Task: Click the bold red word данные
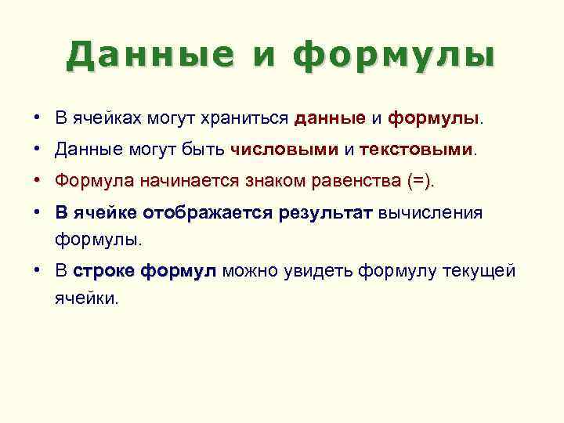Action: pyautogui.click(x=330, y=118)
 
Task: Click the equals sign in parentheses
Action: pyautogui.click(x=419, y=181)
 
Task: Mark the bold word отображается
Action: pyautogui.click(x=208, y=212)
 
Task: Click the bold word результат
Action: pyautogui.click(x=325, y=212)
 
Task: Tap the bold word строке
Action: pyautogui.click(x=103, y=272)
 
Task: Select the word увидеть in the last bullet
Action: pyautogui.click(x=324, y=272)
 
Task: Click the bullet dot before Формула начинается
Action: pyautogui.click(x=38, y=180)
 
